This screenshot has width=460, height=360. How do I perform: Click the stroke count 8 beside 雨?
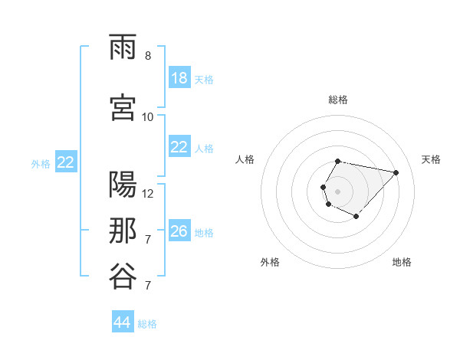(148, 56)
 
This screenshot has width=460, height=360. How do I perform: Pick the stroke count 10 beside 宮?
(148, 116)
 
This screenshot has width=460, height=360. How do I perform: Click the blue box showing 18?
(179, 79)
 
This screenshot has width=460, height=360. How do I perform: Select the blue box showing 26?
(179, 231)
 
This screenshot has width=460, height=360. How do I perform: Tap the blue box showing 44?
(123, 322)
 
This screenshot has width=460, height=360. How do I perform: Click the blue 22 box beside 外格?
(65, 162)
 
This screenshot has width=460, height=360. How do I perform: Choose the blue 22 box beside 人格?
(179, 148)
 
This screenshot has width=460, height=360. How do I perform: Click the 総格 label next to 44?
(147, 324)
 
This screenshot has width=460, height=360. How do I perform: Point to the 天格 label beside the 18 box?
(204, 80)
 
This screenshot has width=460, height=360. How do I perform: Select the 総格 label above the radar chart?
(338, 100)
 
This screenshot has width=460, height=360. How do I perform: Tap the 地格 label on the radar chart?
(402, 262)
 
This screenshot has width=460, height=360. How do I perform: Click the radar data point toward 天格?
(396, 172)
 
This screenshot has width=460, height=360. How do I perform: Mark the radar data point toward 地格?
(356, 217)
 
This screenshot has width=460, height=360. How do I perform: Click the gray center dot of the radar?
(337, 190)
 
